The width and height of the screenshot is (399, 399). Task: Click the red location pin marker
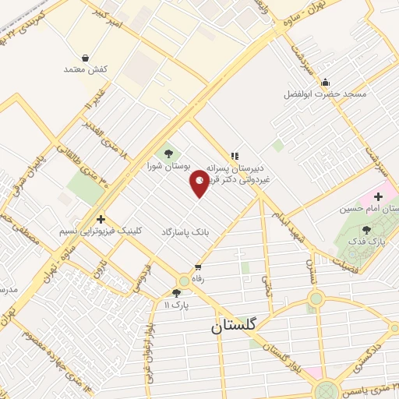pos(199,182)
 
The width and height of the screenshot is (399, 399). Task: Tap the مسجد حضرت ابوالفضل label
pos(325,94)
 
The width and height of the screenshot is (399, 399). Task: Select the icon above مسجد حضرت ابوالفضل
pos(325,82)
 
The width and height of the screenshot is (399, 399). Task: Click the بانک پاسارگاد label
pos(185,232)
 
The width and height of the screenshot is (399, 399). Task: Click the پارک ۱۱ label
pos(176,304)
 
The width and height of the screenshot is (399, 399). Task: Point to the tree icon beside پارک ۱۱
pos(176,292)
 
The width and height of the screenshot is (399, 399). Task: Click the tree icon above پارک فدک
pos(366,229)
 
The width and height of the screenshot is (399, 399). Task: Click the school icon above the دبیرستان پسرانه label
pos(235,155)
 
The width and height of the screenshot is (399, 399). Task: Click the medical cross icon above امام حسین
pos(379,196)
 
